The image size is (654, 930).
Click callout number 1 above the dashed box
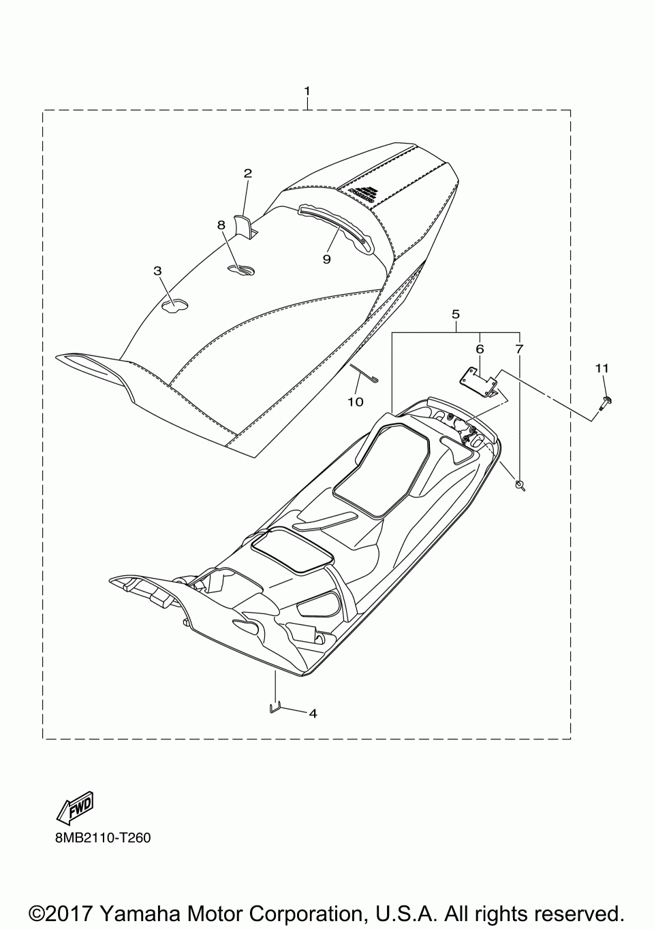coord(307,91)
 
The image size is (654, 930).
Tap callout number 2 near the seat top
coord(247,174)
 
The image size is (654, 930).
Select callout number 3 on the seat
coord(158,271)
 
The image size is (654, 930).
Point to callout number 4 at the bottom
coord(313,713)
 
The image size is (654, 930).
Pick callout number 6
coord(480,349)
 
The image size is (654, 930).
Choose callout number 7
coord(519,349)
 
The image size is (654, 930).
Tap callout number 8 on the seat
coord(221,225)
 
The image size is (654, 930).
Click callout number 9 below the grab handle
coord(327,259)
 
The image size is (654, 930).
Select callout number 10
coord(355,402)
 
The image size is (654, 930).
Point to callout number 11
coord(601,368)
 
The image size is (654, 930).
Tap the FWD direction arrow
coord(75,807)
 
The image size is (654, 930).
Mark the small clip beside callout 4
coord(274,707)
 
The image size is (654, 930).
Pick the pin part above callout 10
coord(365,374)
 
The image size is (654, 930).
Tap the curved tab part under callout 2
coord(244,225)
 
